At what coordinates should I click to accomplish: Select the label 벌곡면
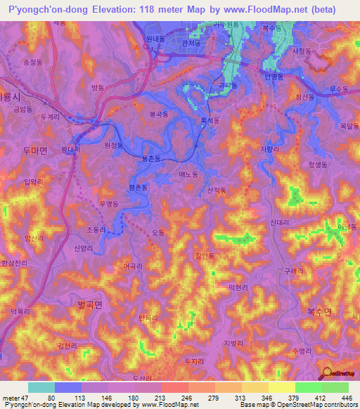90,304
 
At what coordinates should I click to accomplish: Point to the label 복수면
319,312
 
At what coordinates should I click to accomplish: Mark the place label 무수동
339,89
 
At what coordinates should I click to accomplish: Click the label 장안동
203,257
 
